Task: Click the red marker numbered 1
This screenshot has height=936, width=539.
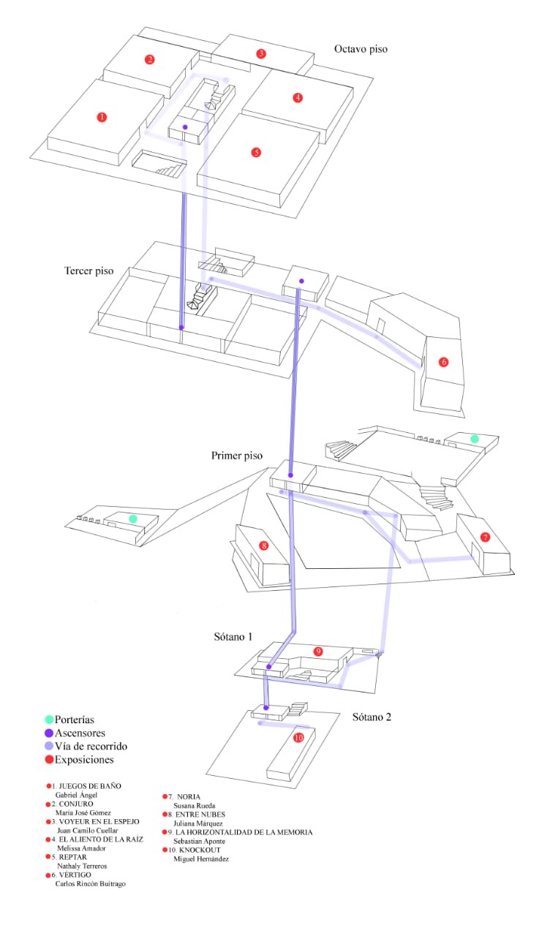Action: [102, 116]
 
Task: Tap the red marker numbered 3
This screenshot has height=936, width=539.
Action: [261, 53]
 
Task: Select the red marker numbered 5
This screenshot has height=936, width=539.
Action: [256, 152]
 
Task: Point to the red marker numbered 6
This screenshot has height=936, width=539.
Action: [443, 362]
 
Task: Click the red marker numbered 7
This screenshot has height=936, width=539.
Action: [485, 537]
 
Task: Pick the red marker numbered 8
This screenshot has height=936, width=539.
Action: [264, 546]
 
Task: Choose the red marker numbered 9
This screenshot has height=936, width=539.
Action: [318, 651]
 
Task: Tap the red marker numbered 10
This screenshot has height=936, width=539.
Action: [298, 738]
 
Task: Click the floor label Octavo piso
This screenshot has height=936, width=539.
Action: [361, 50]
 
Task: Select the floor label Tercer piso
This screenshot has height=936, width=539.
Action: [88, 271]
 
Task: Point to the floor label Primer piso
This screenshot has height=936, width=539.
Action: [237, 456]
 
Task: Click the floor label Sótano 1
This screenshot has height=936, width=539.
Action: [229, 637]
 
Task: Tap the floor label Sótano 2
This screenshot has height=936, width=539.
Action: [372, 717]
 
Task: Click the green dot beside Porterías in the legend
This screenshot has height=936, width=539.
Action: [49, 720]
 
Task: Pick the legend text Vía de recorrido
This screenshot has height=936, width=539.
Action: [91, 747]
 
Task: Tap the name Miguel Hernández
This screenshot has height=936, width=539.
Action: [201, 859]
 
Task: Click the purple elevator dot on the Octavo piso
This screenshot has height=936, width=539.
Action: [185, 127]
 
